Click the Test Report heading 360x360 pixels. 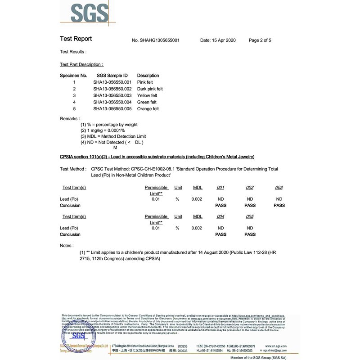(76, 39)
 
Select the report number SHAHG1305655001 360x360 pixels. (156, 40)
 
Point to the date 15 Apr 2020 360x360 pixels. (218, 40)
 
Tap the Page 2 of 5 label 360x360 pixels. (260, 40)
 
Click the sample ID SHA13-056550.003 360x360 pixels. (112, 95)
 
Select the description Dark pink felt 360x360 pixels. (150, 89)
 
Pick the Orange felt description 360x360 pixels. (148, 109)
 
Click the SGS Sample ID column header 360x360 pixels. (112, 76)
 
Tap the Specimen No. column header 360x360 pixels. (73, 76)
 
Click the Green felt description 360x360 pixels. (147, 102)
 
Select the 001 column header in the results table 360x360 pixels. (220, 188)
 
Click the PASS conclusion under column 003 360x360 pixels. (279, 206)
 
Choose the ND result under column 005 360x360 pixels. (250, 228)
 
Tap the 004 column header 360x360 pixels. (220, 217)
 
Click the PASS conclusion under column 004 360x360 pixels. (220, 234)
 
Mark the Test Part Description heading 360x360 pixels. (81, 65)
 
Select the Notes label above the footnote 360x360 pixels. (67, 245)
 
